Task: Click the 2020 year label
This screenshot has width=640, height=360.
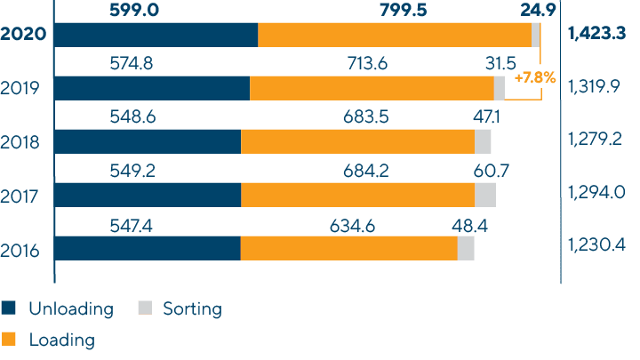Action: pos(24,35)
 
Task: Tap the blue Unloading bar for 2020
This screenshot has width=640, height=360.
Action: pos(156,35)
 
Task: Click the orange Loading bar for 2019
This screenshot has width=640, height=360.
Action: pos(372,88)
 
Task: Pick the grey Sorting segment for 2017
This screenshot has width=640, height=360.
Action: pos(485,195)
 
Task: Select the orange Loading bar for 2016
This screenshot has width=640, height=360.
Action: pos(348,248)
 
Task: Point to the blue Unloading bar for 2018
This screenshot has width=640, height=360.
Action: pos(148,141)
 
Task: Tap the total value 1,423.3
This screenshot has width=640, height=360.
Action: pos(596,34)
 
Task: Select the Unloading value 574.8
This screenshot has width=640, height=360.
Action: pos(156,63)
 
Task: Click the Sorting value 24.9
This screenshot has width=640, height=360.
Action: pos(536,9)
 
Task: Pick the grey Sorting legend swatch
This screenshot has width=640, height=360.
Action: pos(145,308)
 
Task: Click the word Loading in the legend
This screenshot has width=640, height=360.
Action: pos(62,339)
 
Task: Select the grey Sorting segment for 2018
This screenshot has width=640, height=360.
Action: pos(483,141)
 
